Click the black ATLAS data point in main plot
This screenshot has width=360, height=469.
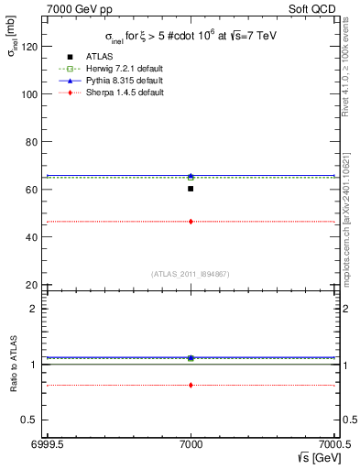click(x=191, y=189)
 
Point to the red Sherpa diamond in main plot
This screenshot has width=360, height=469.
click(x=191, y=222)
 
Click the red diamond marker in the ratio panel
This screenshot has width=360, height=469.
click(x=191, y=385)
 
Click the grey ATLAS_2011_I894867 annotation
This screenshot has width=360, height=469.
click(x=191, y=274)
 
